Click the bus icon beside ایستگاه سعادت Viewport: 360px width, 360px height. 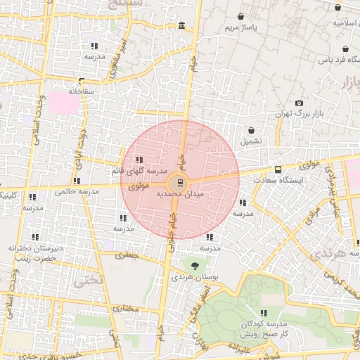278,169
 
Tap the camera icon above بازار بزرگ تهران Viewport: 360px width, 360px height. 300,103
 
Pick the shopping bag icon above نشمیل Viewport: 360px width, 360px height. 251,129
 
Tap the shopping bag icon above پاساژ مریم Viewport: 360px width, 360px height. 241,16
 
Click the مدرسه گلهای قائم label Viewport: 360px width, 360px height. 139,170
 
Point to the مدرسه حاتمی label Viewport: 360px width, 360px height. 77,190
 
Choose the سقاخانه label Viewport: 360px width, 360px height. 82,91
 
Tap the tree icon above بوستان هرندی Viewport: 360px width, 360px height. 194,266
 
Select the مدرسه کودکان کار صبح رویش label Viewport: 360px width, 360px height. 263,328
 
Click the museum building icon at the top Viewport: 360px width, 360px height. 182,26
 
